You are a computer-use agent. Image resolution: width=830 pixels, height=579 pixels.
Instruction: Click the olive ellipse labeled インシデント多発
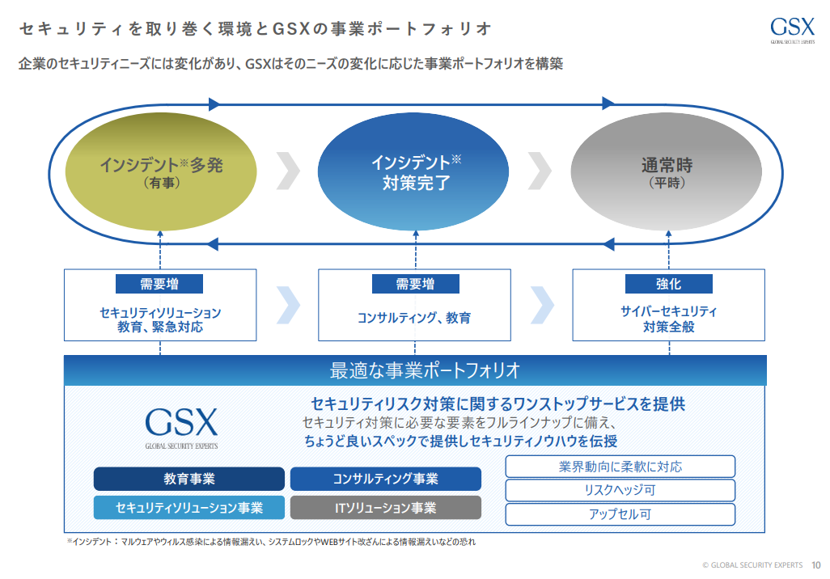pos(161,171)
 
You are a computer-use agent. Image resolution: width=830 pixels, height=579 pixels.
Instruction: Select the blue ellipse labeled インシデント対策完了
pos(413,171)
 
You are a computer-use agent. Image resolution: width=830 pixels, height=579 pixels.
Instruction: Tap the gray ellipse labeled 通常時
pos(667,171)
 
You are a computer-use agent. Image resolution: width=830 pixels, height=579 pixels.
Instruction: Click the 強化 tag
pos(668,284)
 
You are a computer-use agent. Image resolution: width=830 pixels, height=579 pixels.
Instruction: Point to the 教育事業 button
pos(189,479)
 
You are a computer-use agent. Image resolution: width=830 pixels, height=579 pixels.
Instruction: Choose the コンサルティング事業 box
pos(385,479)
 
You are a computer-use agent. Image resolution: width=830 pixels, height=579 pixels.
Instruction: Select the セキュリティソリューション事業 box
pos(189,508)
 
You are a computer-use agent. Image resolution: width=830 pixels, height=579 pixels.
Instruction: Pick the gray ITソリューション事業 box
pos(385,508)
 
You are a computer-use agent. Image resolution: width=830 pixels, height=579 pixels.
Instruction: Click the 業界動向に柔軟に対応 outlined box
pos(620,467)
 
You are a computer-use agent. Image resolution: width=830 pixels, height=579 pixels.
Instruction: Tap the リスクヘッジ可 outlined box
pos(620,490)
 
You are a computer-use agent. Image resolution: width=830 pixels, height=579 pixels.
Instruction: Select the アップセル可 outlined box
pos(620,513)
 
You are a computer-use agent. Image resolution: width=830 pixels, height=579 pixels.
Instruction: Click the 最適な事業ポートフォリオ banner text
pos(425,370)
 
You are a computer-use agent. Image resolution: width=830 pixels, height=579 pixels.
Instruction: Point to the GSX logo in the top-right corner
pos(793,30)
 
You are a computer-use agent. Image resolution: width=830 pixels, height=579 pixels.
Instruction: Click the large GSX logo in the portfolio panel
pos(181,428)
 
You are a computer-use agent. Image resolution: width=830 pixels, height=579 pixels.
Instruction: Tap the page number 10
pos(815,565)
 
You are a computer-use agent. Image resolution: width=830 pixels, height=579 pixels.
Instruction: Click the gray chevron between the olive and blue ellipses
pos(289,171)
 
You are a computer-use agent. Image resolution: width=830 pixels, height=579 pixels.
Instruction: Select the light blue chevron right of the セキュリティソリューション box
pos(289,305)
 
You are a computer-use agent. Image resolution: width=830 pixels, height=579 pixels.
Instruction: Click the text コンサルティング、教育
pos(414,318)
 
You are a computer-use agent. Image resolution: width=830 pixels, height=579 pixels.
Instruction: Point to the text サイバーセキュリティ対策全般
pos(668,319)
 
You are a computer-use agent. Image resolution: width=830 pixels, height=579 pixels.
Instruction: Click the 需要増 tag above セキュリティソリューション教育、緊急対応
pos(159,284)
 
